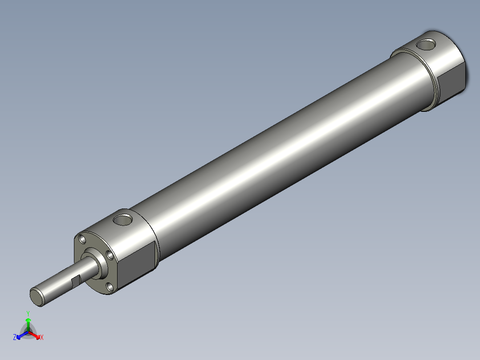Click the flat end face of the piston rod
pyautogui.click(x=37, y=297)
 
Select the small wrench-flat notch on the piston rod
pyautogui.click(x=76, y=281)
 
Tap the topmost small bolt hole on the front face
pyautogui.click(x=82, y=239)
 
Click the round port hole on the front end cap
pyautogui.click(x=123, y=219)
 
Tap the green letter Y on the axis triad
pyautogui.click(x=28, y=313)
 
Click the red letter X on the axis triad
pyautogui.click(x=42, y=338)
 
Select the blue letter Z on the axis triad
pyautogui.click(x=15, y=337)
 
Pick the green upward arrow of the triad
pyautogui.click(x=28, y=323)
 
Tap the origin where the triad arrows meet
pyautogui.click(x=28, y=332)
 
